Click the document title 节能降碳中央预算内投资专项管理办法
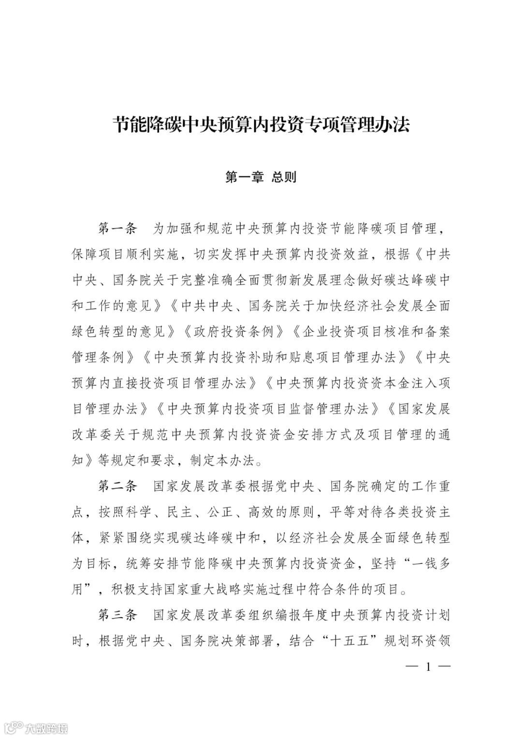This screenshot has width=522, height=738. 261,125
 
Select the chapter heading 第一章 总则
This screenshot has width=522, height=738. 261,177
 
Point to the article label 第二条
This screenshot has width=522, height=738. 118,486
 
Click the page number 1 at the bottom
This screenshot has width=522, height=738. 428,667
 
